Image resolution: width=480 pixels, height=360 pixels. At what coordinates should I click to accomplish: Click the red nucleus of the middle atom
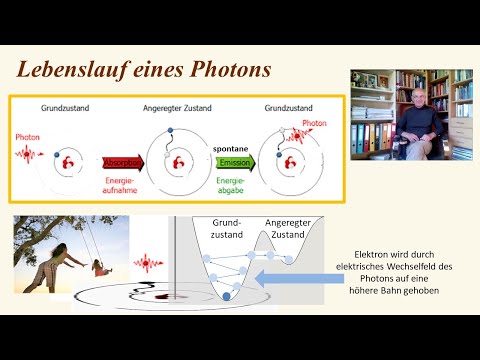click(178, 163)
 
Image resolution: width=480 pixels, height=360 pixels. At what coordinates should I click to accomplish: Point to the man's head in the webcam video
click(412, 92)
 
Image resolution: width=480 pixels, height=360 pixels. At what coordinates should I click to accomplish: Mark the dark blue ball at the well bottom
click(226, 296)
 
